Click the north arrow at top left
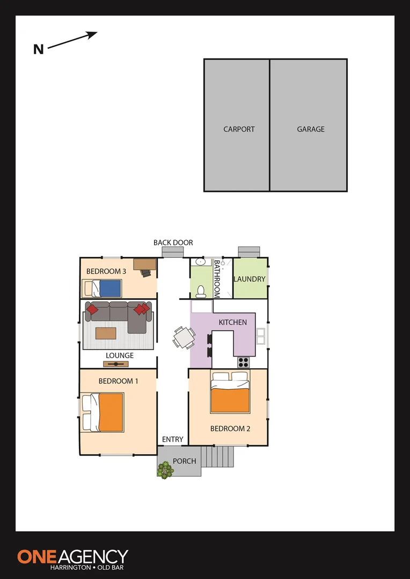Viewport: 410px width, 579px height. coord(72,41)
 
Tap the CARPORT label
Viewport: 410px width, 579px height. coord(239,129)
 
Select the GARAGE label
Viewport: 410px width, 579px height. coord(311,129)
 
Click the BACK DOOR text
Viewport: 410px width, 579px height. coord(173,243)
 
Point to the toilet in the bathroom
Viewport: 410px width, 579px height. coord(201,291)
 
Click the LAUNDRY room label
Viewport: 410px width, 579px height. coord(250,279)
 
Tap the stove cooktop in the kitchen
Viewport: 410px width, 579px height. coord(244,362)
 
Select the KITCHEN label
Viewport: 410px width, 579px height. coord(233,322)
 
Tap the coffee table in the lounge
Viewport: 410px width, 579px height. coord(106,333)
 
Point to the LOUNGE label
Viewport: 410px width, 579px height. coord(120,355)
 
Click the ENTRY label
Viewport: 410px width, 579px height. coord(173,440)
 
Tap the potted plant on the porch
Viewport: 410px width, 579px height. coord(165,470)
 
